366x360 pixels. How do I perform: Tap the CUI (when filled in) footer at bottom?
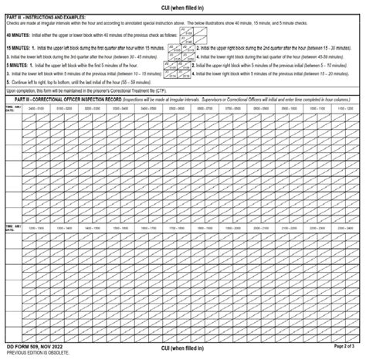(182, 348)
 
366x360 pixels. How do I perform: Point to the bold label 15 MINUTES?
(18, 47)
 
